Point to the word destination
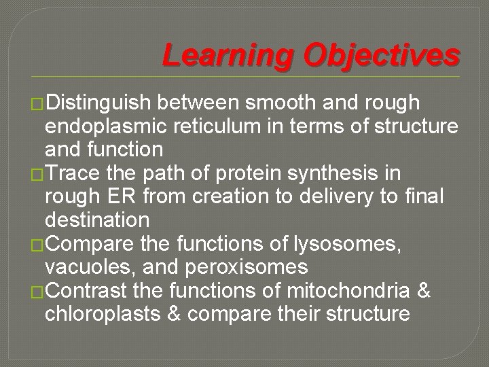coord(97,220)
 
